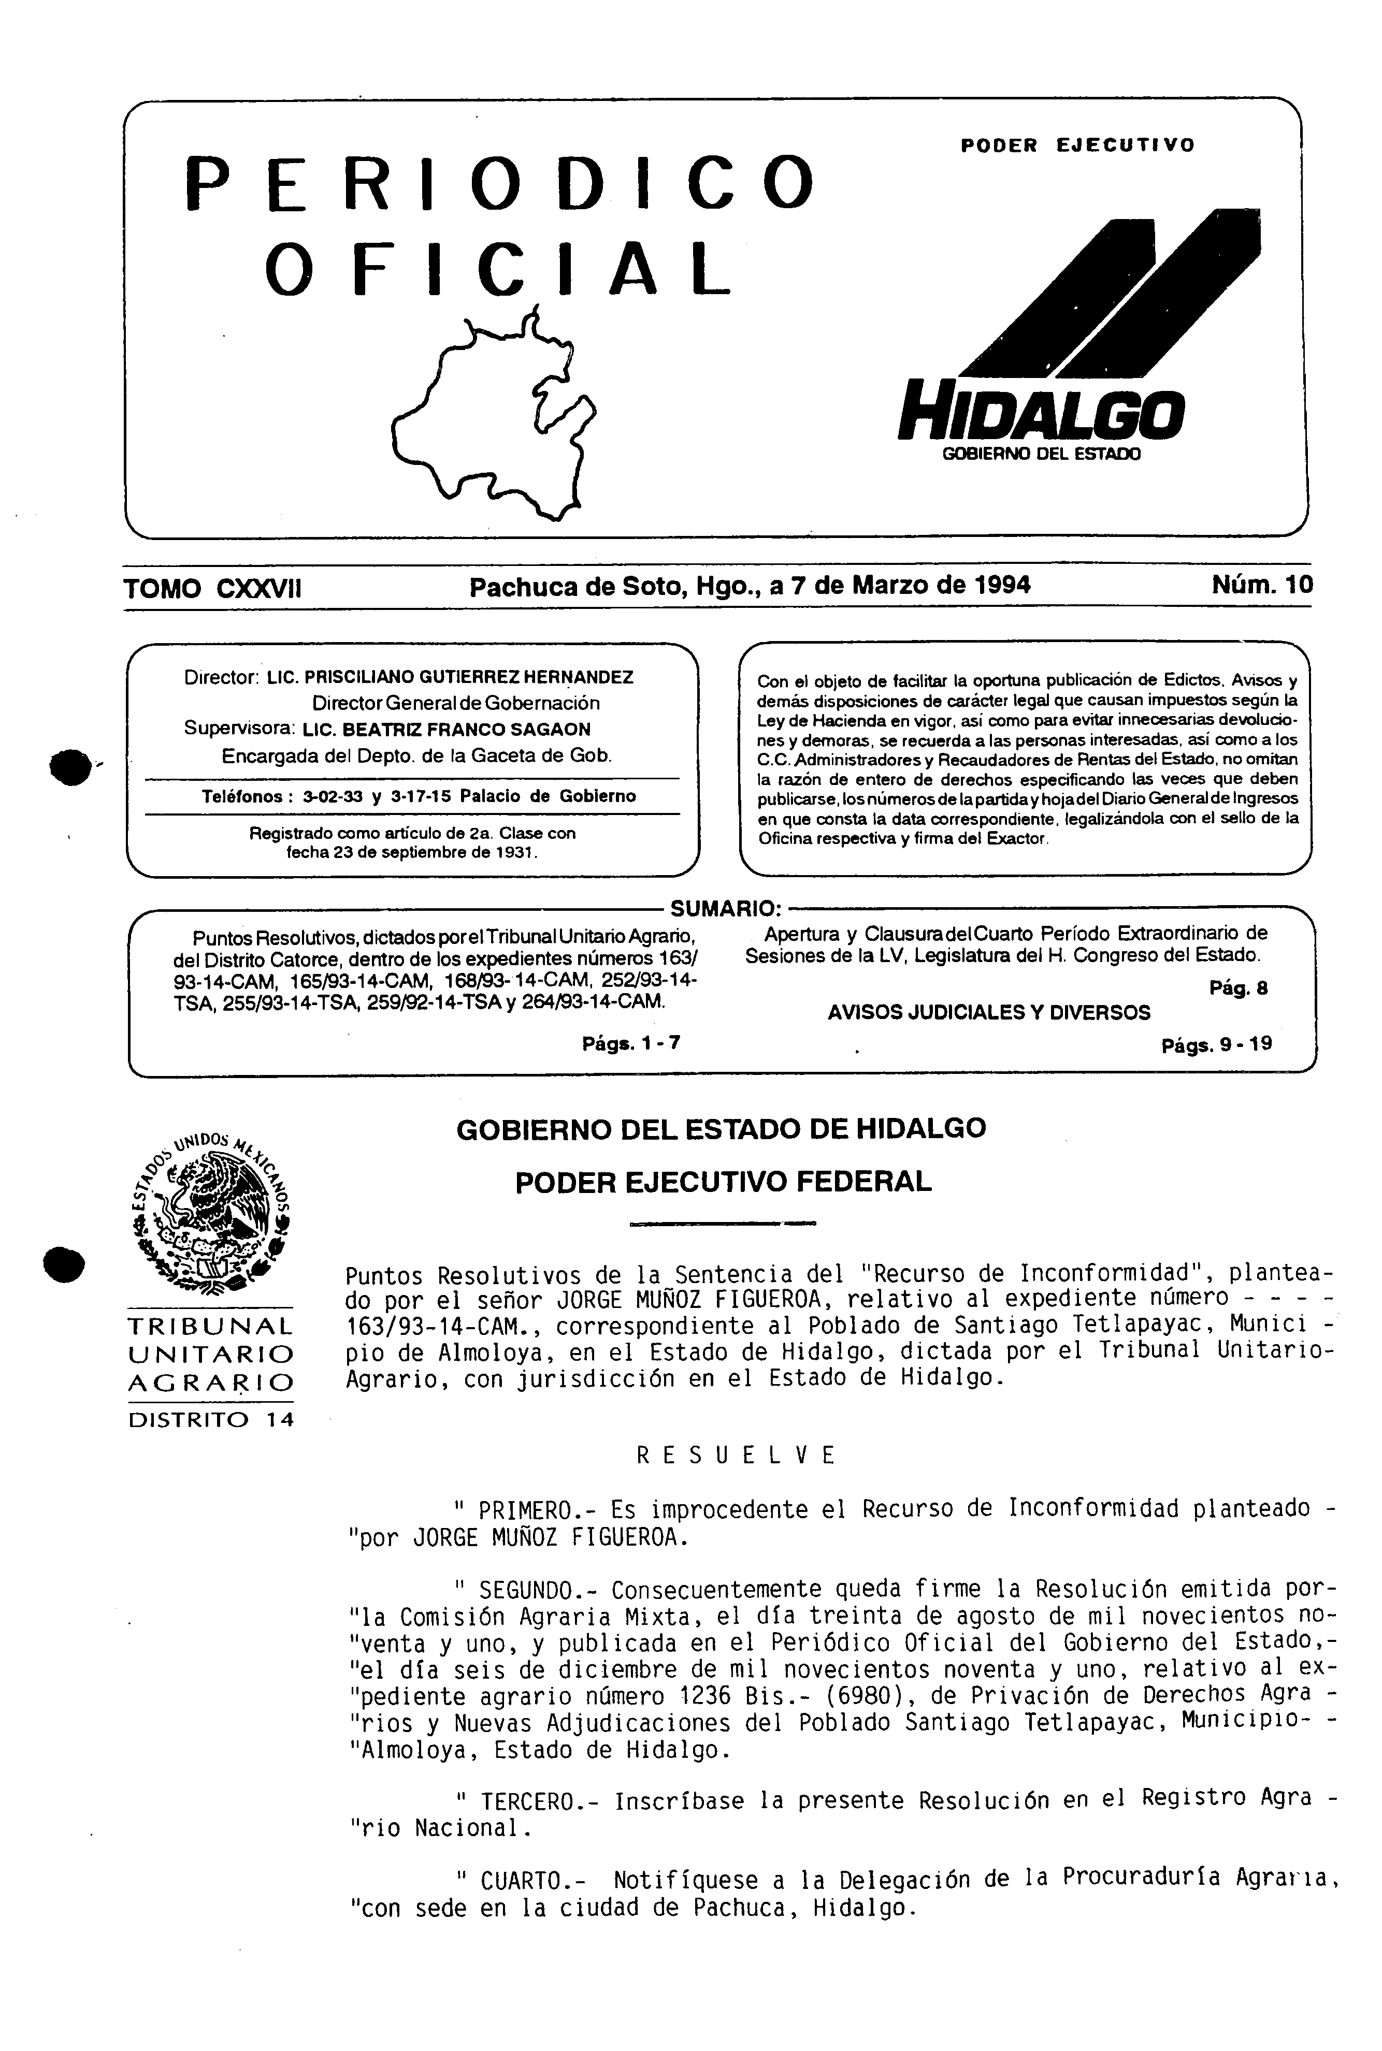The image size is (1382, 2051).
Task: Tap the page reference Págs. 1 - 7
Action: (631, 1044)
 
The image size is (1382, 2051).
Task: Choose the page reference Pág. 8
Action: (1239, 988)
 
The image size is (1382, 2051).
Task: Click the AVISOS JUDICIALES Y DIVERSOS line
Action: (989, 1013)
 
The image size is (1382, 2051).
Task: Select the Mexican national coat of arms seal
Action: (211, 1212)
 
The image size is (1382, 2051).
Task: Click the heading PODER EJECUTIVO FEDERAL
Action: (723, 1182)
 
